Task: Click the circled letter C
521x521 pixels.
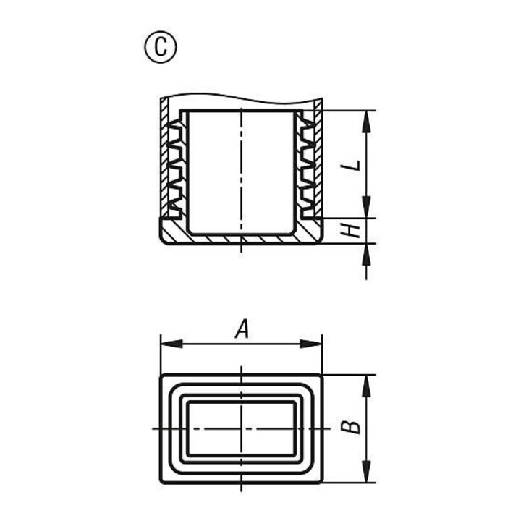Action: click(x=161, y=47)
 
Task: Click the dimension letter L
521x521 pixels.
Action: click(x=352, y=165)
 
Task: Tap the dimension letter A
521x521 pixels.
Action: click(x=242, y=329)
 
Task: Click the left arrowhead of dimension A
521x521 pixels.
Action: click(x=171, y=344)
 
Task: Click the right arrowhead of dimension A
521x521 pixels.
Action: click(x=311, y=344)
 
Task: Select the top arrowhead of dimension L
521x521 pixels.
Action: click(x=366, y=122)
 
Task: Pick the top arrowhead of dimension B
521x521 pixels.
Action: click(x=366, y=386)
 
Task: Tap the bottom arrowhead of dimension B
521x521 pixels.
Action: click(x=366, y=472)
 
